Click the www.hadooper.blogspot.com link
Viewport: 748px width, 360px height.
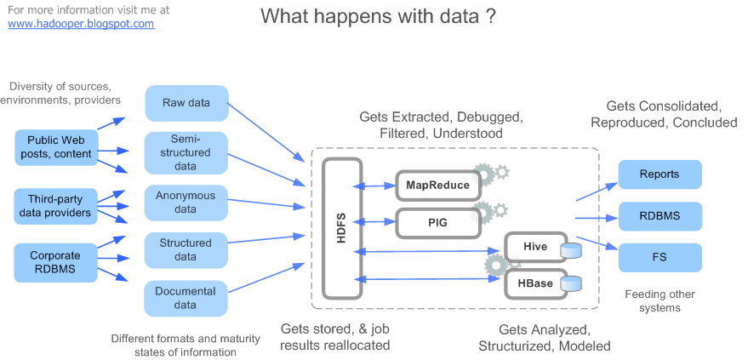(x=81, y=24)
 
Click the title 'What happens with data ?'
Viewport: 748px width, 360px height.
(x=378, y=16)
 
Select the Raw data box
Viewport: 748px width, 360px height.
(x=186, y=103)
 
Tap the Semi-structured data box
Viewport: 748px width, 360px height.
(x=186, y=152)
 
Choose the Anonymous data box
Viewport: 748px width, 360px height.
(x=186, y=202)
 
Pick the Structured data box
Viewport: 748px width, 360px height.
(x=186, y=249)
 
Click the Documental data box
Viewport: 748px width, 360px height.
(x=186, y=298)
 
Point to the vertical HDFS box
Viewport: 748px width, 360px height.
(x=342, y=228)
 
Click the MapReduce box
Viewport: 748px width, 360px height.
(x=434, y=184)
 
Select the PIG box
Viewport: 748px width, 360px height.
(x=434, y=222)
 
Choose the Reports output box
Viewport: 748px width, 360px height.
(x=659, y=174)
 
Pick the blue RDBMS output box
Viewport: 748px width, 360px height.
(x=659, y=216)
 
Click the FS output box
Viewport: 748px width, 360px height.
(x=659, y=258)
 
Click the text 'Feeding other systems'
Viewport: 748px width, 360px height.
(x=659, y=301)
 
